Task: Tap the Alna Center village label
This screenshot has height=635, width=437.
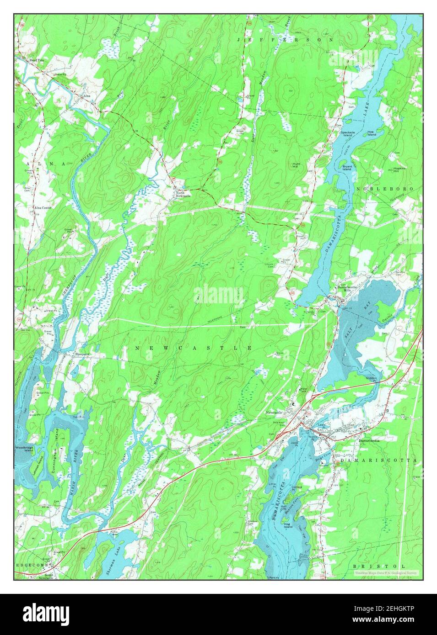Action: click(x=43, y=207)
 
